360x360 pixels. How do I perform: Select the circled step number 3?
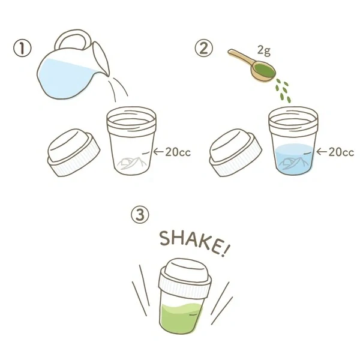tap(139, 215)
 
